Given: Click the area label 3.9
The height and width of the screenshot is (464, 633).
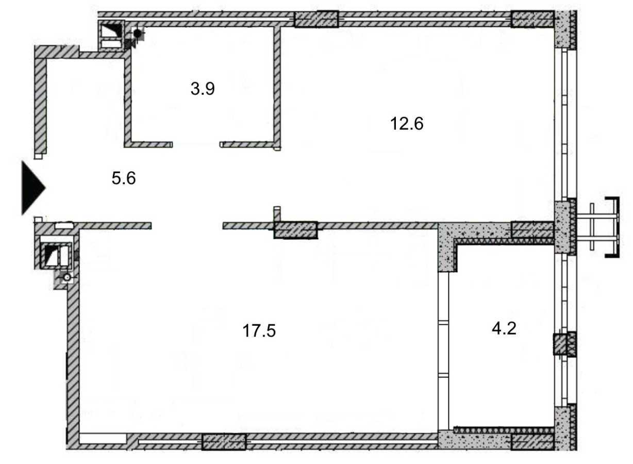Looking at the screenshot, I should pos(202,89).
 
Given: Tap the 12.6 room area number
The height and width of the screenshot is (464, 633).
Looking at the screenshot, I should pos(407,124).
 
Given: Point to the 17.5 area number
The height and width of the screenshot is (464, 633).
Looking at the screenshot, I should pos(259,330).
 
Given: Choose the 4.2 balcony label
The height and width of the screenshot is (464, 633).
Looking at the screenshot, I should pos(504,328).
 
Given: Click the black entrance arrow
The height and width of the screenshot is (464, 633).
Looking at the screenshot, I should pos(32,187).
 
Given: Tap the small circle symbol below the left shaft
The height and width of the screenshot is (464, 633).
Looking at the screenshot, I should pos(66,278).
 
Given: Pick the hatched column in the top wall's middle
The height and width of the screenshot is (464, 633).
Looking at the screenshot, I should pos(316,19).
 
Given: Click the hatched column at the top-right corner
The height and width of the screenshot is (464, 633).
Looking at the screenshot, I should pos(532,19).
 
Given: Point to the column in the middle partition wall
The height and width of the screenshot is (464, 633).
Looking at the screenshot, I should pos(295,230).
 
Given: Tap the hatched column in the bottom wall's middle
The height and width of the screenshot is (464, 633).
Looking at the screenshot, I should pos(223,442).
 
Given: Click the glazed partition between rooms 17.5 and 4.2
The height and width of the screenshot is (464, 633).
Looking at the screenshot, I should pos(444,351).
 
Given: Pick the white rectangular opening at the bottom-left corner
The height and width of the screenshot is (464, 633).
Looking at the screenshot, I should pos(103,439).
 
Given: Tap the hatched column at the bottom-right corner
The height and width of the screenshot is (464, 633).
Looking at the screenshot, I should pos(532,442).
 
